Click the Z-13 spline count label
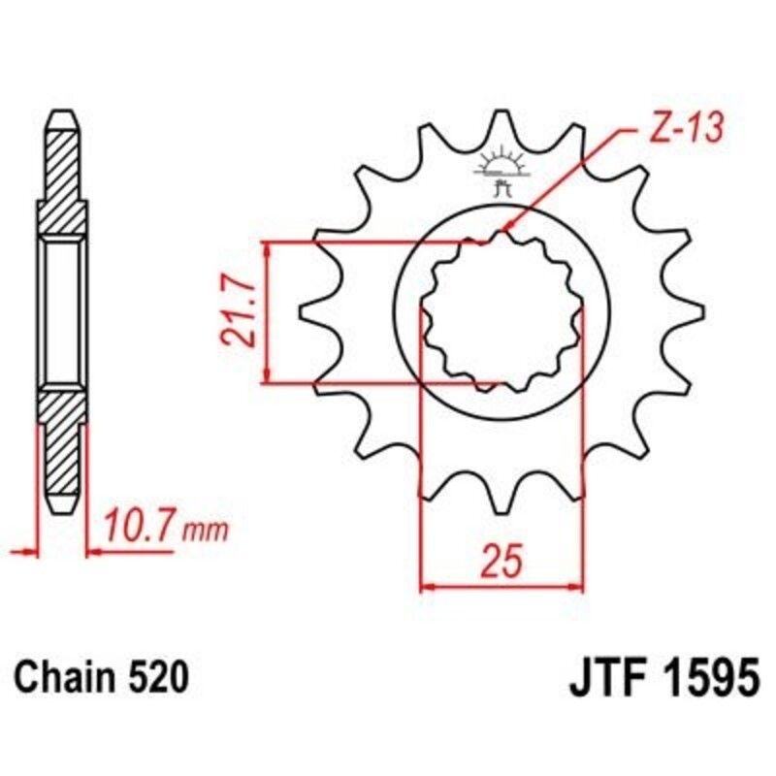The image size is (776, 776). click(x=685, y=130)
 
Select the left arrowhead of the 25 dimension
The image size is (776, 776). click(x=425, y=587)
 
